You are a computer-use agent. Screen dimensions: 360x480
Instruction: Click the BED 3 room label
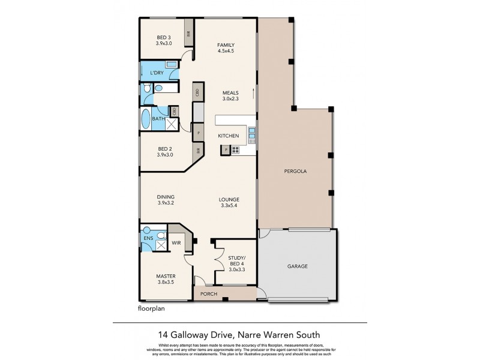164,37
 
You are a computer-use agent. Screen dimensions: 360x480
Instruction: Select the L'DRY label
157,73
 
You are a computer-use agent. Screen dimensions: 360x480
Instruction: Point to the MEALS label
230,92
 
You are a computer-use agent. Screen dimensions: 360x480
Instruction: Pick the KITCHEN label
229,136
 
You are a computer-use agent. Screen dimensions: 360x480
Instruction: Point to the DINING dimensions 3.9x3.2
166,203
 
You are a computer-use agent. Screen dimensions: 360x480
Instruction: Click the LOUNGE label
229,199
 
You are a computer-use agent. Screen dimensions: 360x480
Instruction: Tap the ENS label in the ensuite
148,238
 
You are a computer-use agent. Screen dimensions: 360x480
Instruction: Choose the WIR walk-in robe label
176,243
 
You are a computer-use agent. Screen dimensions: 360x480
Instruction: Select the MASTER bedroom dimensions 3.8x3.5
166,283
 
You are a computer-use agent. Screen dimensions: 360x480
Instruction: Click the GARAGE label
297,266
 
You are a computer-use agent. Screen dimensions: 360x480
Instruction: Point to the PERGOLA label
295,171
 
